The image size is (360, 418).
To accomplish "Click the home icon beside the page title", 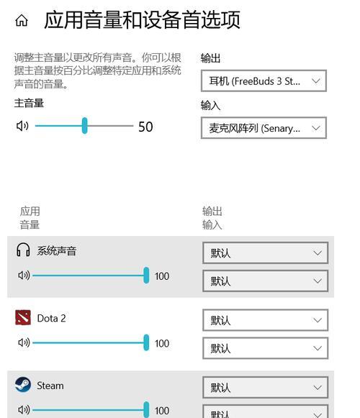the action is (22, 20).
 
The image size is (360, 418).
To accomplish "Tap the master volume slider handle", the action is (84, 126).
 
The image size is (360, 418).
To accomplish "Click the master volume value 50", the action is (145, 127).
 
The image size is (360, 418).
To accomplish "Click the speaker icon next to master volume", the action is (22, 126).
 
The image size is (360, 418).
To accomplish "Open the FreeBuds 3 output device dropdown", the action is (264, 81).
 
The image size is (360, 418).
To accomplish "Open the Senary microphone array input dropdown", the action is (264, 128).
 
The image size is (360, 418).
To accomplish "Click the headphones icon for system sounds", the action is (23, 250).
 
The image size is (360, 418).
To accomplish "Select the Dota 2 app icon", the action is (23, 317).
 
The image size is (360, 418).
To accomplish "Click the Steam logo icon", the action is (23, 385).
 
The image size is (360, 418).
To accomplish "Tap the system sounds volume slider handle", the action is (146, 275).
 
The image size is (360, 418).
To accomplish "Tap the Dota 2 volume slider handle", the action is (146, 342).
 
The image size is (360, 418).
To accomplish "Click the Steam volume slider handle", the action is (146, 410).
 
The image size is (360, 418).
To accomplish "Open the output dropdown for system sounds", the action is (265, 253).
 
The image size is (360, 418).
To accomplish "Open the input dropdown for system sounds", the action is (265, 281).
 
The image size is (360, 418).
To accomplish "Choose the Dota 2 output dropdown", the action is (265, 320).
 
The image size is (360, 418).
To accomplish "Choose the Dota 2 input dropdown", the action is (265, 348).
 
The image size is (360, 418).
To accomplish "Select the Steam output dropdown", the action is (265, 387).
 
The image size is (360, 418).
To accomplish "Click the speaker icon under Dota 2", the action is (24, 342).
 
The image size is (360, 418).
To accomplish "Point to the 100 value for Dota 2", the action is (162, 344).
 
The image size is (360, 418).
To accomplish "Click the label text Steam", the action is (50, 386).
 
